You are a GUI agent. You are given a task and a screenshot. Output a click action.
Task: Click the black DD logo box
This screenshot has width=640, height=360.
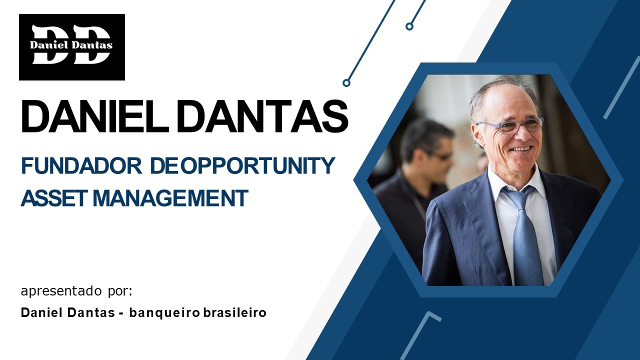click(72, 47)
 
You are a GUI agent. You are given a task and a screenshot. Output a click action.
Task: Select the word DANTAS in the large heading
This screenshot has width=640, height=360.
click(262, 116)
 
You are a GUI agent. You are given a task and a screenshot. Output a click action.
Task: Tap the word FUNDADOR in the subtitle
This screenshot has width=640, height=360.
click(81, 166)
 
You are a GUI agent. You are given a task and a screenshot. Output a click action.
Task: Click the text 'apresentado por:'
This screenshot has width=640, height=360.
click(77, 291)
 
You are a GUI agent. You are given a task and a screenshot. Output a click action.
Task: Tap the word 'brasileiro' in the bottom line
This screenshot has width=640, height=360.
click(235, 313)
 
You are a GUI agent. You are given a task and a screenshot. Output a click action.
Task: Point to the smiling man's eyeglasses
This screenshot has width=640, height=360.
click(510, 125)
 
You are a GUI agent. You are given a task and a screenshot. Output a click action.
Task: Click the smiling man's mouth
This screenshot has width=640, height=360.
click(520, 148)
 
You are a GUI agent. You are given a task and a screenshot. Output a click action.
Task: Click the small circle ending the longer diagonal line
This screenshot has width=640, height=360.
click(346, 83)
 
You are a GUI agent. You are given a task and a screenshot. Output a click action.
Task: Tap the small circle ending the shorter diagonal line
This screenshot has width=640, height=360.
click(409, 26)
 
